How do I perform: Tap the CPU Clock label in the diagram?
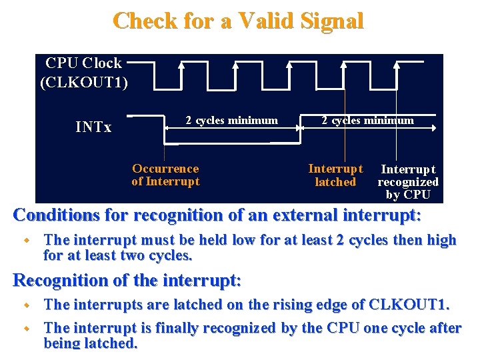tap(83, 63)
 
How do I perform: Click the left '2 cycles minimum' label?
tap(231, 121)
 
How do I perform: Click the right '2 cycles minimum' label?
tap(367, 121)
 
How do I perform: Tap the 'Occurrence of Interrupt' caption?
tap(165, 175)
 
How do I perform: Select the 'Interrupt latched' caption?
tap(335, 175)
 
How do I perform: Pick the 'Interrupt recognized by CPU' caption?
tap(408, 182)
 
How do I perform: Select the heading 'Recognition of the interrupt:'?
tap(127, 280)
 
